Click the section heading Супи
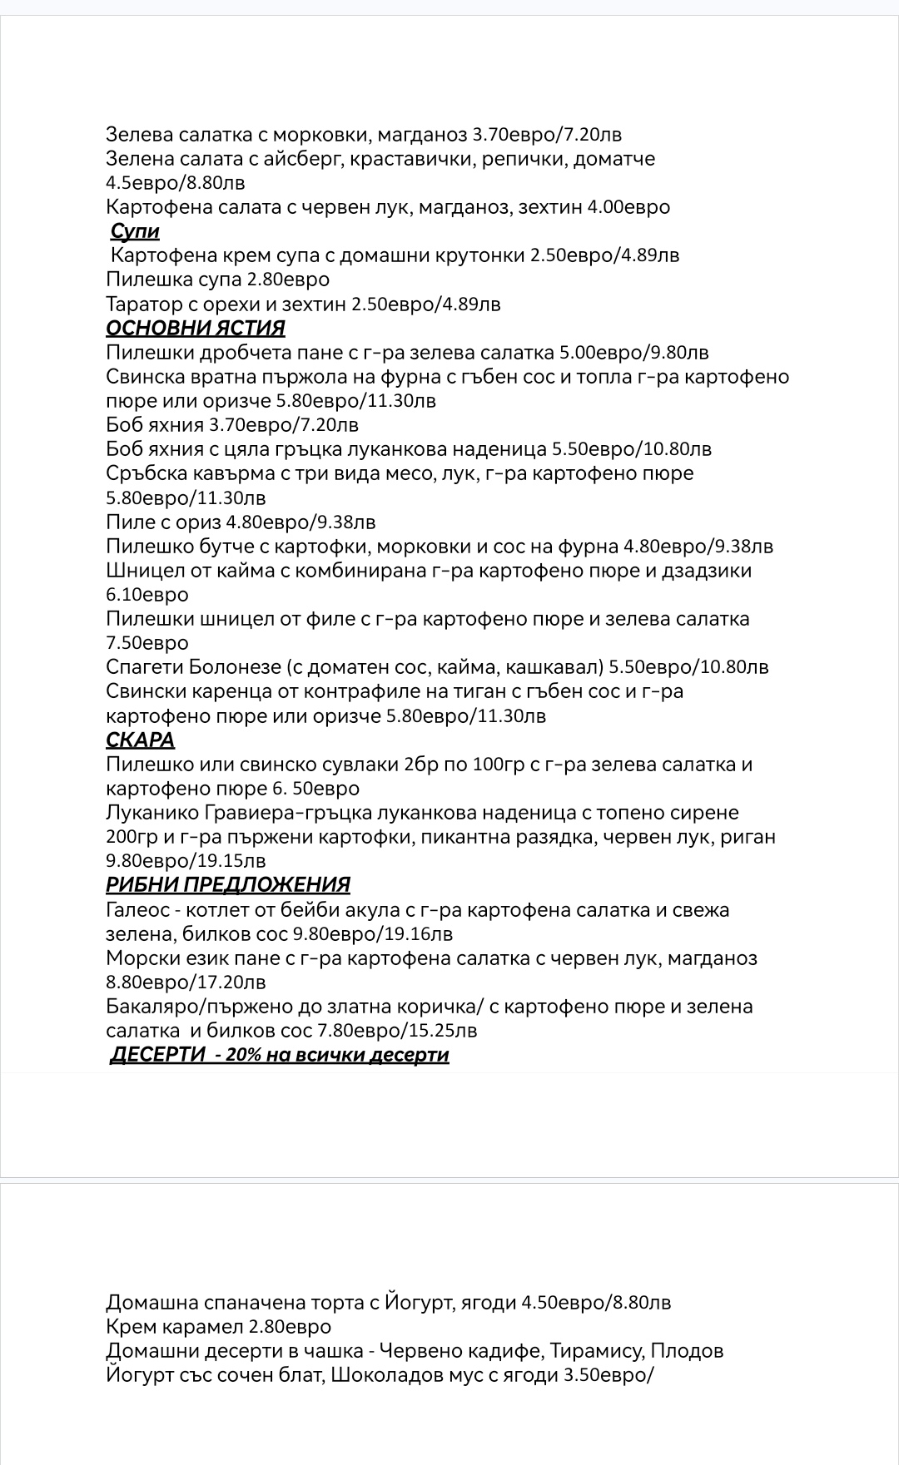coord(135,231)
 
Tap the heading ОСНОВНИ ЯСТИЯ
coord(196,328)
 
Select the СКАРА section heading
coord(140,740)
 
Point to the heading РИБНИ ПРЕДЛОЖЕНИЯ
coord(228,884)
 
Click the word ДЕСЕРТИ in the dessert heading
coord(158,1055)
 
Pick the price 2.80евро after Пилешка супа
coord(288,280)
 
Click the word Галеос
coord(137,909)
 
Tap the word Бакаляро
coord(148,1007)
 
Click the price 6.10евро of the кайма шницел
coord(147,595)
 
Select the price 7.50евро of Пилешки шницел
coord(147,643)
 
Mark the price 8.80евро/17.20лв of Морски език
coord(186,982)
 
